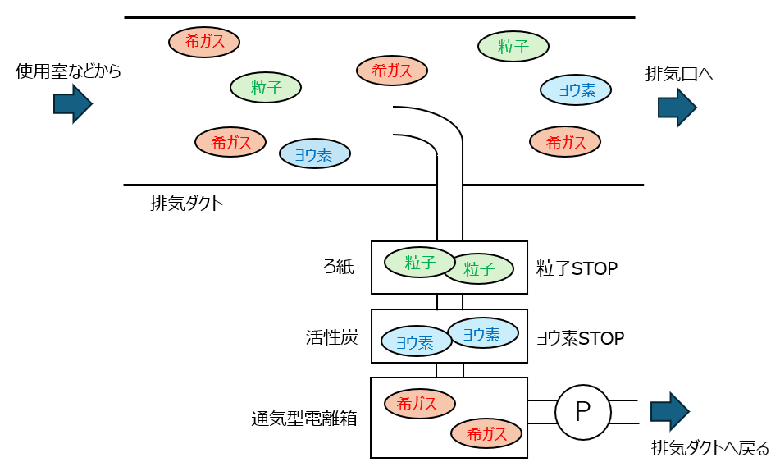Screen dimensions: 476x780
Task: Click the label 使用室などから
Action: [68, 72]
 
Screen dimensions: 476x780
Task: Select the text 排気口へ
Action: [679, 74]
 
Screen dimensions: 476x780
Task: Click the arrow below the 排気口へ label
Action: [677, 108]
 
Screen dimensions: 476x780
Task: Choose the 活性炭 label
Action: [331, 336]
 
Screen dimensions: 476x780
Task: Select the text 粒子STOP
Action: [577, 268]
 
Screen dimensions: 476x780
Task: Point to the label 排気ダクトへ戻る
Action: [710, 448]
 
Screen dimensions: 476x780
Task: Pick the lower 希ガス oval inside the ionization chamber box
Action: [486, 433]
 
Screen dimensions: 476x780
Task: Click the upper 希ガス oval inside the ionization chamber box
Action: [420, 403]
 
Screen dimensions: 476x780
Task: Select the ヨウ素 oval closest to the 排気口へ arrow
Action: [576, 90]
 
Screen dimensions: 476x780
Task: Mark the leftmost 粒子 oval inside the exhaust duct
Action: [266, 88]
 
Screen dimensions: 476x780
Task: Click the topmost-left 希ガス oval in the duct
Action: [204, 42]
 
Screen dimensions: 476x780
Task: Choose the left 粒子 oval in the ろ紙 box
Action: [420, 263]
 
